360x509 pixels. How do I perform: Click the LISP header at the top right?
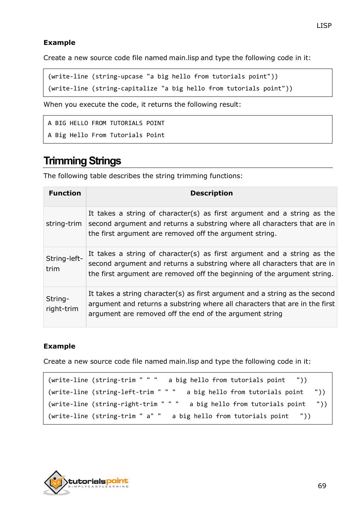pos(324,25)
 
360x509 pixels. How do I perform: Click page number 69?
pos(322,486)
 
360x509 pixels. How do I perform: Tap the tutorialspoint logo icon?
pos(56,482)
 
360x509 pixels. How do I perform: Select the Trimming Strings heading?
pos(82,161)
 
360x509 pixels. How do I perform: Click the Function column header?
pos(65,193)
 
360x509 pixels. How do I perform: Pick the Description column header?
pos(211,193)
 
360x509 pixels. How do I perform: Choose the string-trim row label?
pos(64,223)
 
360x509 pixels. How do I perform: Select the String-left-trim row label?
pos(64,263)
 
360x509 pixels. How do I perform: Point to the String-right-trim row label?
pos(62,304)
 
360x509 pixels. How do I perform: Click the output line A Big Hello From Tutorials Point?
pos(106,135)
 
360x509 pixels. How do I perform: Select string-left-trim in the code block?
pos(125,392)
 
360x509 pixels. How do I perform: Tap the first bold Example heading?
pos(59,42)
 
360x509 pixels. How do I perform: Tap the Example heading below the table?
pos(59,346)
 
